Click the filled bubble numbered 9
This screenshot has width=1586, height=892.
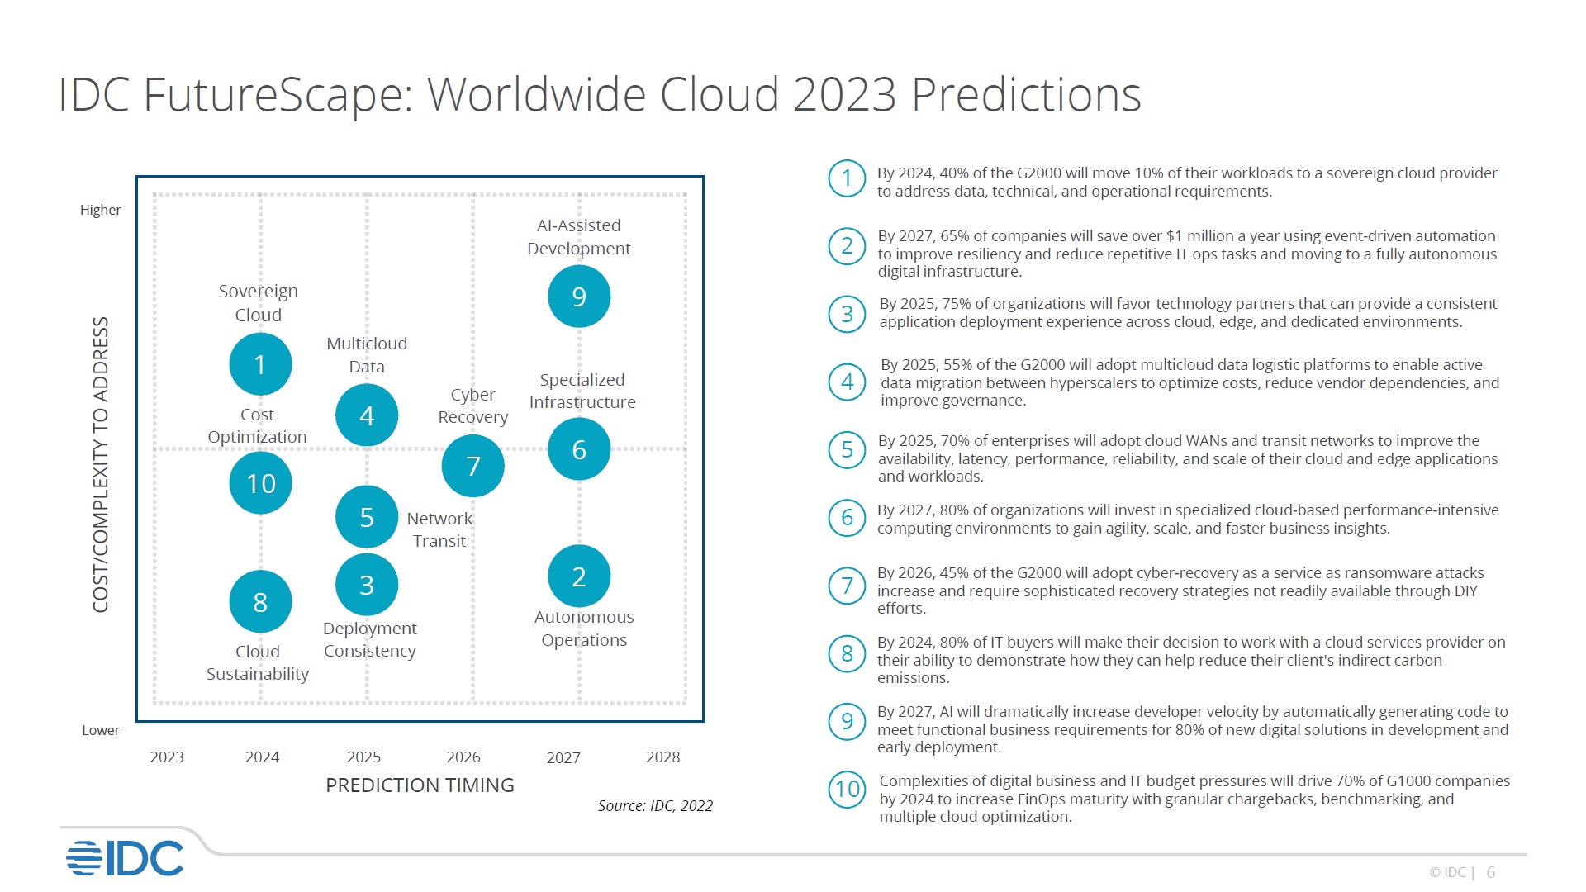point(579,297)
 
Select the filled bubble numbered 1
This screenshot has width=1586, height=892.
point(260,364)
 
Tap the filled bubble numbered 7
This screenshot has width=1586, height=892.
point(473,467)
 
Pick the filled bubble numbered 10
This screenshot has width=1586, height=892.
point(260,483)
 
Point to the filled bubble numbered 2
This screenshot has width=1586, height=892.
point(579,576)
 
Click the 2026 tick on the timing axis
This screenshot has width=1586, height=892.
point(463,757)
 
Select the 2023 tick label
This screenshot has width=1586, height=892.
point(167,757)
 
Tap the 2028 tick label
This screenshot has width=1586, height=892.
point(662,757)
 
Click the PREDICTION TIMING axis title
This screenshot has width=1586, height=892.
point(420,785)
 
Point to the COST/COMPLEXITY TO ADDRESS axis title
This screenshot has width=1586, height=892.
point(101,465)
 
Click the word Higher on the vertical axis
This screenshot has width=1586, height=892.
point(100,211)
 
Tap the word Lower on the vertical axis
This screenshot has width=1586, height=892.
point(101,731)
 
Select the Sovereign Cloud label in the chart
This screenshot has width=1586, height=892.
point(259,303)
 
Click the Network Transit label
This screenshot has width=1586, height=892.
point(439,529)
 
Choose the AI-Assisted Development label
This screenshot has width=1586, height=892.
point(579,237)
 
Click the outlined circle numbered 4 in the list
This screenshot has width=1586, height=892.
point(847,382)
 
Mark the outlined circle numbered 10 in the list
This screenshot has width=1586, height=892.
point(847,790)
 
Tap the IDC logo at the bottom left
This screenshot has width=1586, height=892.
point(125,859)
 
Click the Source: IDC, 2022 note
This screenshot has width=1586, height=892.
point(655,806)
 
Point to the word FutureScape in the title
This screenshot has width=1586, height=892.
point(278,94)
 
